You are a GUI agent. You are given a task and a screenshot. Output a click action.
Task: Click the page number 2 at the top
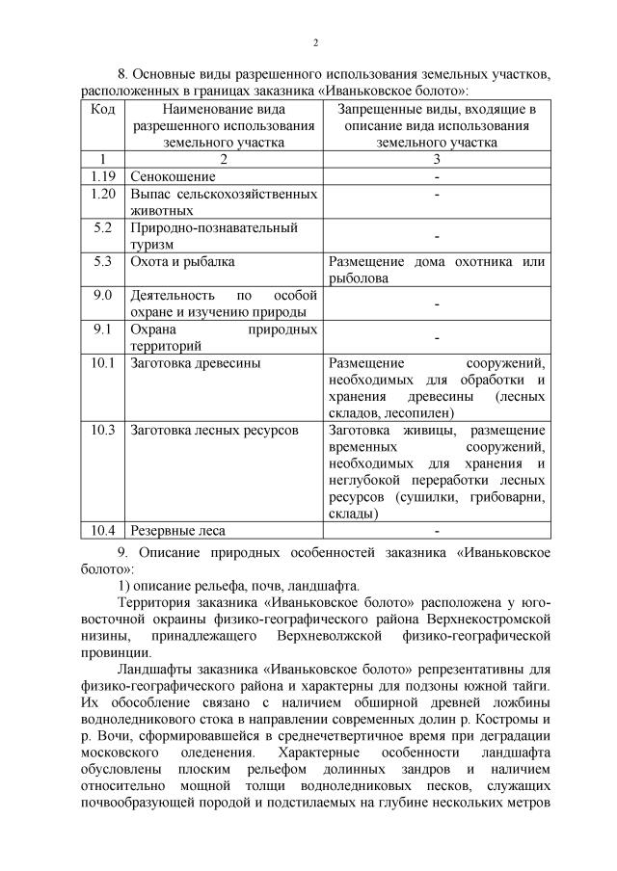point(314,41)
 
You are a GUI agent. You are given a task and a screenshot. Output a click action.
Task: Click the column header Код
point(103,108)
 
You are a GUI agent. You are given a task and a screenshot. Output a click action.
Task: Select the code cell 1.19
point(103,176)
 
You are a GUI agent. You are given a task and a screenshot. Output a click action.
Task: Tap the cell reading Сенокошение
point(173,176)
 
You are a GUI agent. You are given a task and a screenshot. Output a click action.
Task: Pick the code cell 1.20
point(103,194)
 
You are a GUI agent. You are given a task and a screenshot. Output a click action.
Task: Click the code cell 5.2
point(103,227)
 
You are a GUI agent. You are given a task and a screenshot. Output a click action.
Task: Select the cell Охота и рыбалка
point(182,261)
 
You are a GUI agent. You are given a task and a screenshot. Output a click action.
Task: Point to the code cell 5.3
point(103,261)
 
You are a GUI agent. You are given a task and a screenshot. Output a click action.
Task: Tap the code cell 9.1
point(103,329)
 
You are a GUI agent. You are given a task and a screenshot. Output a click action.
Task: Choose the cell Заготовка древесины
point(195,363)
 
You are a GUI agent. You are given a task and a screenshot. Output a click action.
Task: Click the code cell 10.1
point(103,363)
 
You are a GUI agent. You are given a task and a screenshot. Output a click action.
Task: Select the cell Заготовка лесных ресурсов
point(214,429)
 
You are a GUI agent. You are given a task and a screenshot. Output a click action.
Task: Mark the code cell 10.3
point(103,429)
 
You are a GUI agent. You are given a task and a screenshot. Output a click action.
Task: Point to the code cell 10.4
point(103,530)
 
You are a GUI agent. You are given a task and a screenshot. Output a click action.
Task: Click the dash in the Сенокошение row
point(437,176)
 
